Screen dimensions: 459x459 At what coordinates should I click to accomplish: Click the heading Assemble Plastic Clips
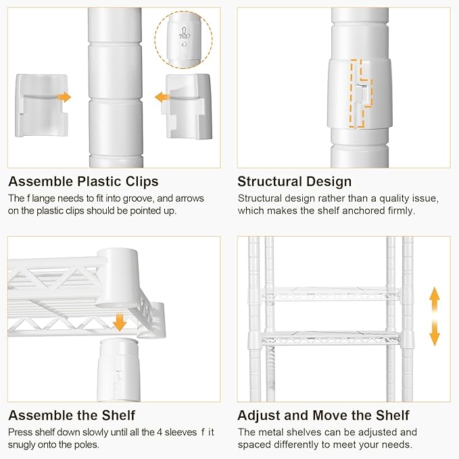[x=83, y=182]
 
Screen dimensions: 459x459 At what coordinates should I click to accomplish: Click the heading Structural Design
[x=295, y=182]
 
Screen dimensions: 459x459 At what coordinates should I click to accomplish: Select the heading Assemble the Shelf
[x=72, y=415]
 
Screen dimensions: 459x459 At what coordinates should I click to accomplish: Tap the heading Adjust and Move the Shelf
[x=323, y=415]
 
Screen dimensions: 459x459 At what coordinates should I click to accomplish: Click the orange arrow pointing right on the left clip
[x=64, y=97]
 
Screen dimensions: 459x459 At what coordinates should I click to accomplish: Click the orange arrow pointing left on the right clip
[x=162, y=97]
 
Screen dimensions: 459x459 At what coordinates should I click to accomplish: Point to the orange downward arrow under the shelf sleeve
[x=119, y=322]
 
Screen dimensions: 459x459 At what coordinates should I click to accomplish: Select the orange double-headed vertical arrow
[x=435, y=316]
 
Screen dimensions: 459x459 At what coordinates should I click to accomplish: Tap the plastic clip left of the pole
[x=41, y=105]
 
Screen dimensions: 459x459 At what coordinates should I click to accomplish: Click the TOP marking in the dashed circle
[x=184, y=36]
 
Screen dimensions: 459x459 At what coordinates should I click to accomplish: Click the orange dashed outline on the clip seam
[x=361, y=94]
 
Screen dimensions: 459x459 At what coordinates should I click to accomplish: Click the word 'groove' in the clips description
[x=138, y=199]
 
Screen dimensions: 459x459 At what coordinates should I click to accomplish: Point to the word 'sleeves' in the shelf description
[x=180, y=433]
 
